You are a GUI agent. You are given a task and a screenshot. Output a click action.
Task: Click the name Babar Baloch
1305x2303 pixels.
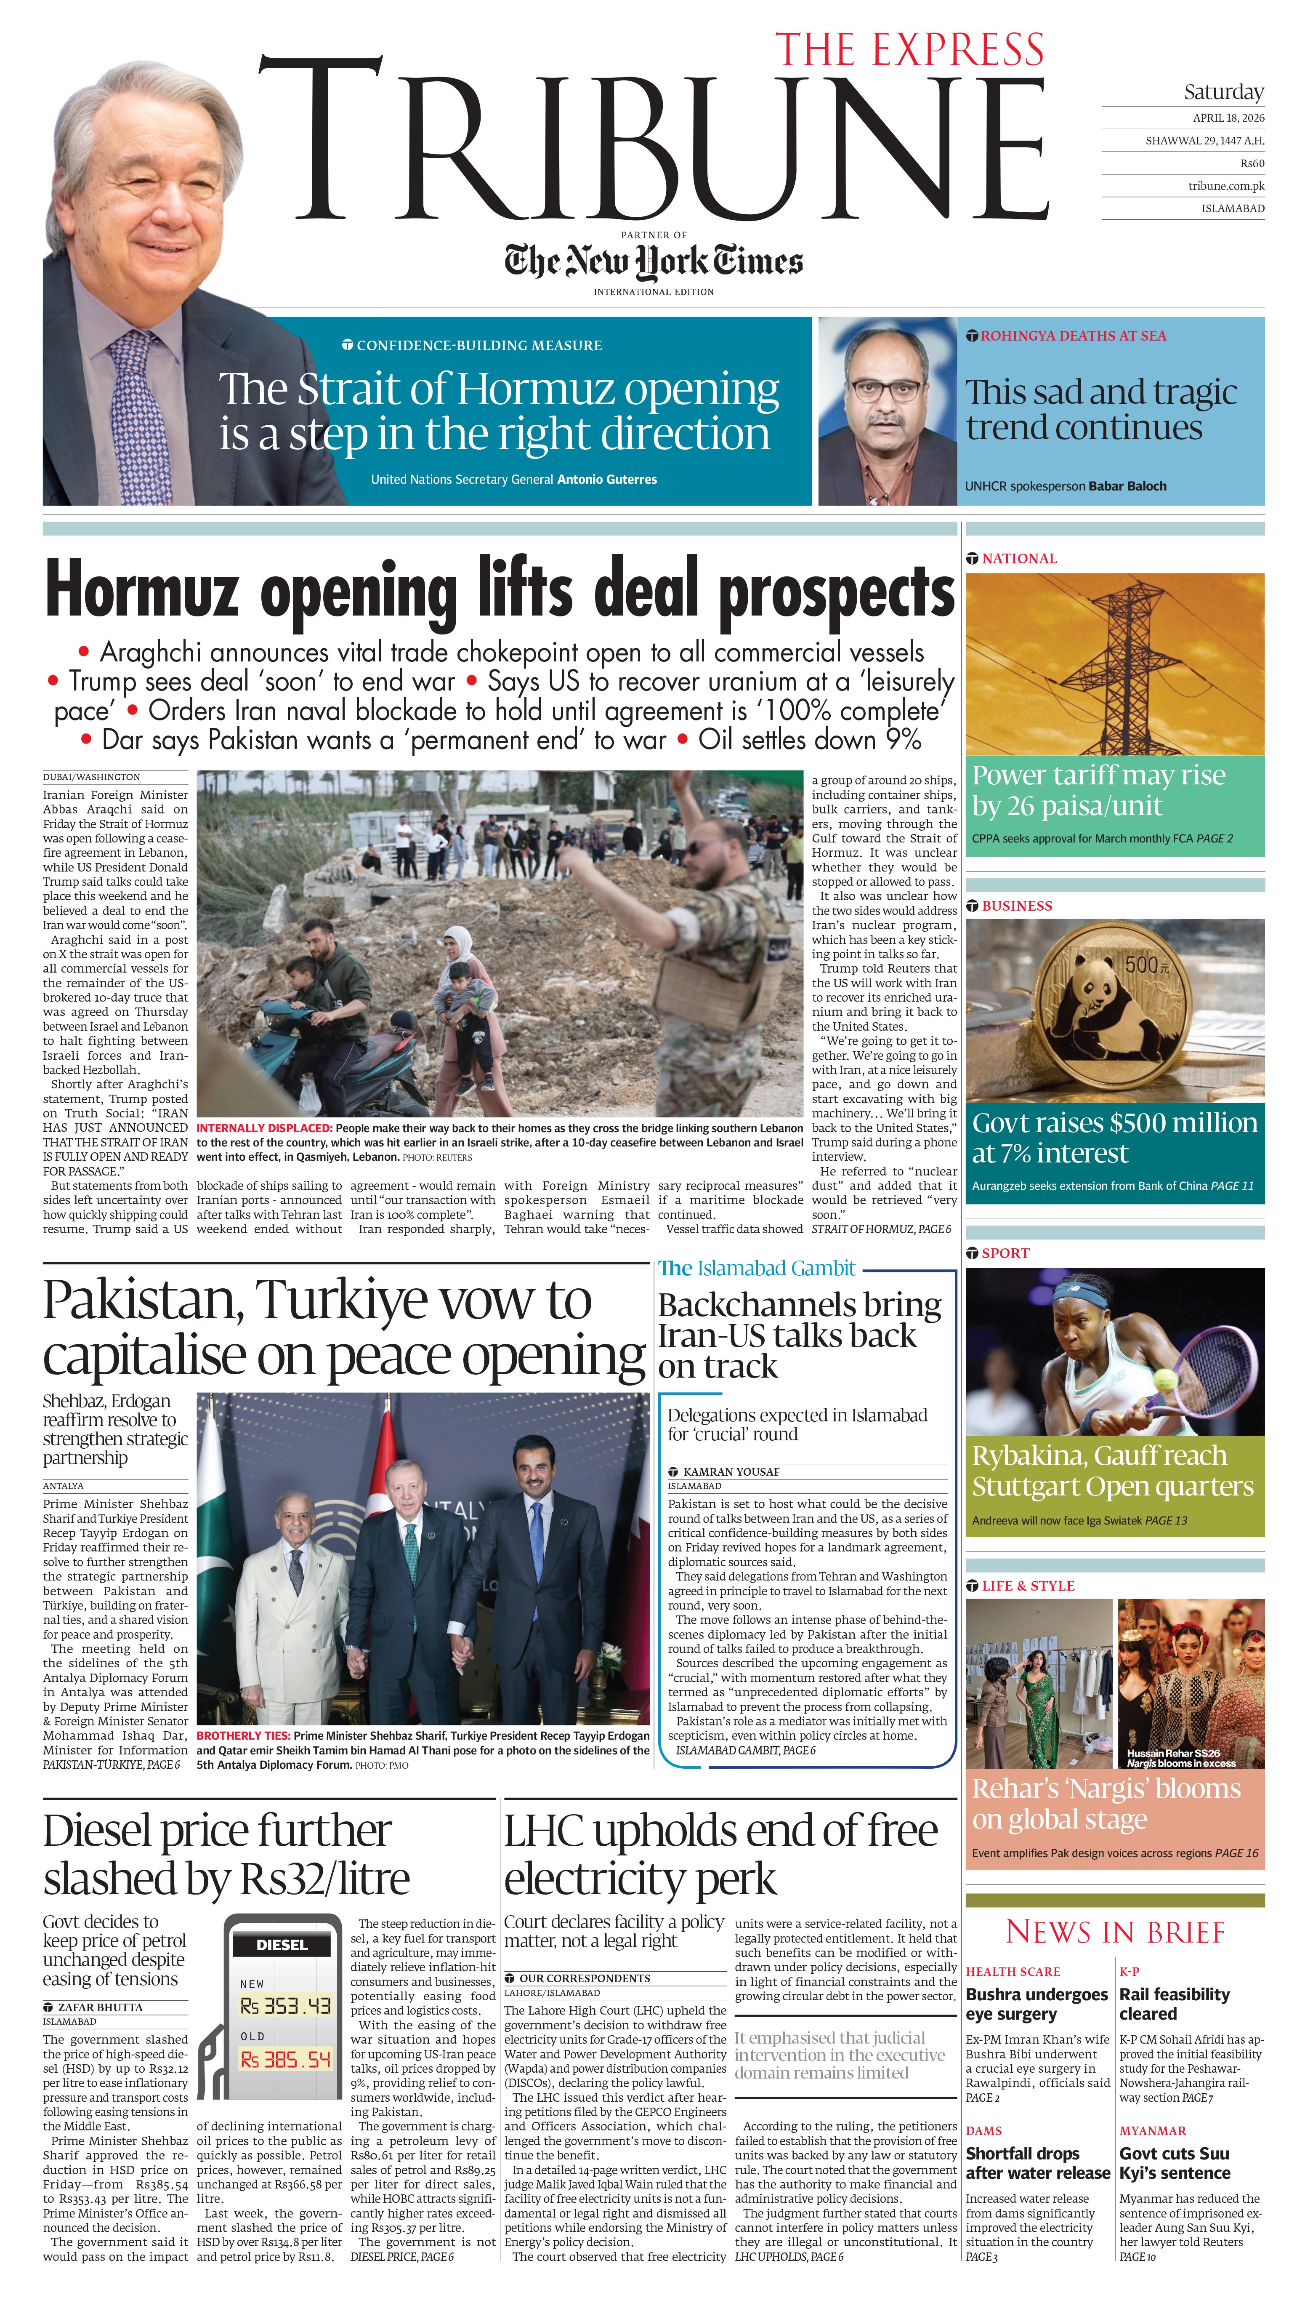pos(1127,486)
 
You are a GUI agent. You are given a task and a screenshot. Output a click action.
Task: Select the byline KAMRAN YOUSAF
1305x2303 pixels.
pos(731,1472)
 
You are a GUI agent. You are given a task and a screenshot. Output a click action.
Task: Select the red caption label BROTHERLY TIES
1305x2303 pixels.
pos(243,1736)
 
